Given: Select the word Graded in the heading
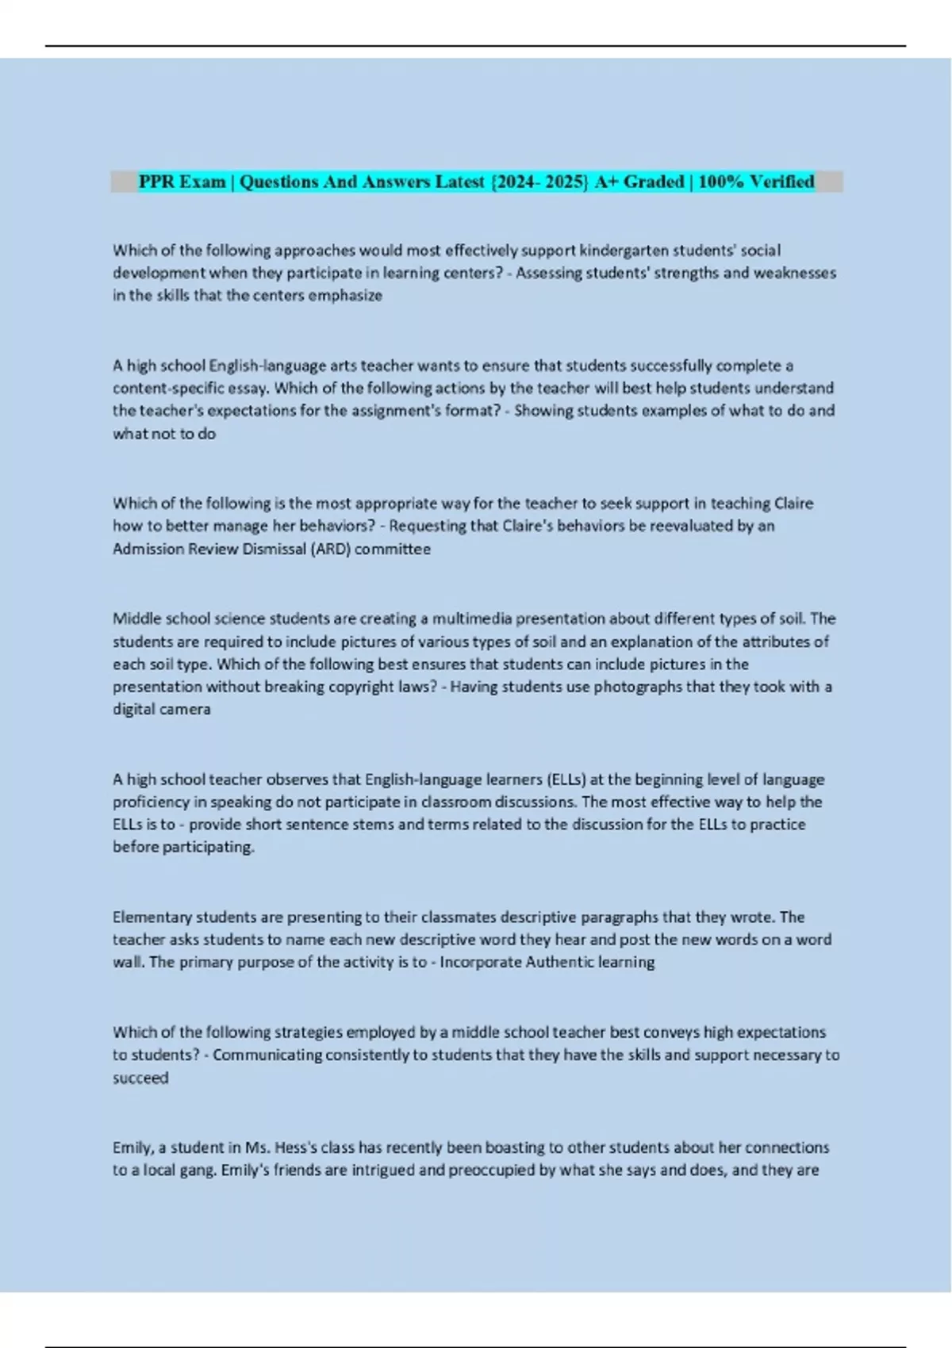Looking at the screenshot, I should click(x=653, y=182).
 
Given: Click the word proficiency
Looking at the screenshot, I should click(x=151, y=802).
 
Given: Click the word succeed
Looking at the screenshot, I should click(x=140, y=1078).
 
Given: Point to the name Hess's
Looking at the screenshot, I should click(x=314, y=1147).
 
